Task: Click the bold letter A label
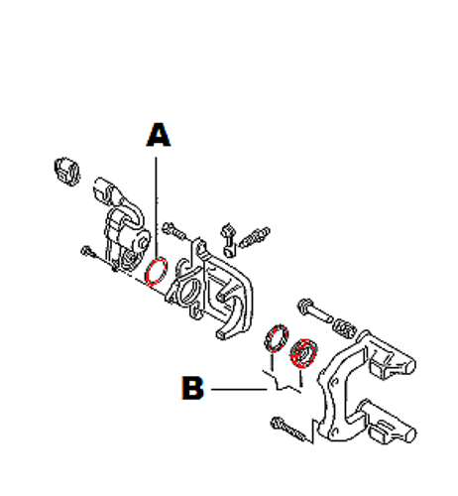[x=159, y=135]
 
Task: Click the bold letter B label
[x=192, y=388]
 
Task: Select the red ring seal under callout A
[x=157, y=271]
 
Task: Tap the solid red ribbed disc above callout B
[x=303, y=353]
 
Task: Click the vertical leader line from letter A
[x=156, y=206]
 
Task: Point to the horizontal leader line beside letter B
[x=239, y=389]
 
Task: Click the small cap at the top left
[x=67, y=172]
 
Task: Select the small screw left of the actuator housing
[x=88, y=252]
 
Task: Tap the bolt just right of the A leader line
[x=174, y=230]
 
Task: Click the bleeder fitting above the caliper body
[x=228, y=240]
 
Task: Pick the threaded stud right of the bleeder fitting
[x=254, y=237]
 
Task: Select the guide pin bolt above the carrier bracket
[x=314, y=310]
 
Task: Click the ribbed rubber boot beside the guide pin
[x=345, y=328]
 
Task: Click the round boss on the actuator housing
[x=144, y=242]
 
